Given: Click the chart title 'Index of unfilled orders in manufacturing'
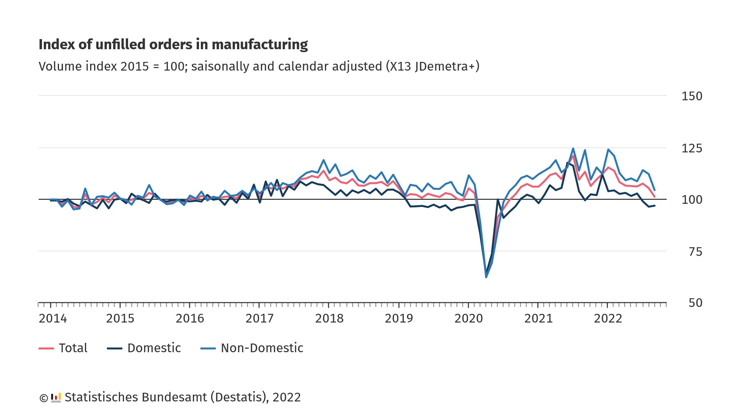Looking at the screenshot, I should (173, 45).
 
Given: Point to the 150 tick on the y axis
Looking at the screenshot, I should (691, 96).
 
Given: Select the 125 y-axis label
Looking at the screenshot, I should (691, 148).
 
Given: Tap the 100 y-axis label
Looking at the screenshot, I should (691, 200).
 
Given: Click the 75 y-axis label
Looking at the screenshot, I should (695, 252).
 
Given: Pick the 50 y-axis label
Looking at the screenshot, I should (695, 303).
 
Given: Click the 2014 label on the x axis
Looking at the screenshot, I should (53, 319).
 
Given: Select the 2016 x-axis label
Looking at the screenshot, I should (190, 319).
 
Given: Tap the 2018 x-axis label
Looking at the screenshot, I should (329, 319).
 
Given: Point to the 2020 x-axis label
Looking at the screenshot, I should (469, 319).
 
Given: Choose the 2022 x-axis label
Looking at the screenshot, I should (608, 319).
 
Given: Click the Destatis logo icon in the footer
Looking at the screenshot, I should (56, 397).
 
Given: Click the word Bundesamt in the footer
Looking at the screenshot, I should (174, 397).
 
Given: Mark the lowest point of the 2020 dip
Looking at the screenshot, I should (486, 277).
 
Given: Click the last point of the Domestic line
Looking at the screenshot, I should (655, 206).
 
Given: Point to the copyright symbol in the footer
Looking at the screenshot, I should (43, 398).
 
